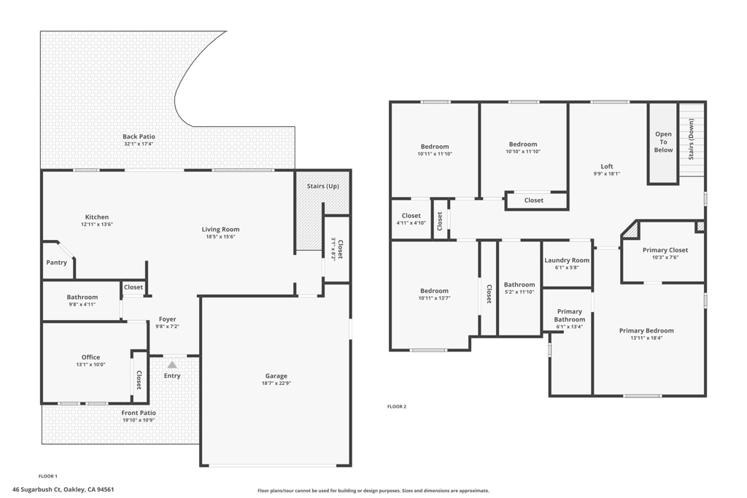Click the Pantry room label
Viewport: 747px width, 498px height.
[56, 262]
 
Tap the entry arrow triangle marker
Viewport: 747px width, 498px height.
[172, 365]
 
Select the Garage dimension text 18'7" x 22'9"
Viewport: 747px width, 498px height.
[276, 384]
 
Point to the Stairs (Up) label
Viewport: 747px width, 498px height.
[323, 186]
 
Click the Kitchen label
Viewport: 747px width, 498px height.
[97, 217]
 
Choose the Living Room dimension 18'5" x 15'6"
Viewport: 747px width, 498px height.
[220, 237]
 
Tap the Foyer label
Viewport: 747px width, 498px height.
[167, 319]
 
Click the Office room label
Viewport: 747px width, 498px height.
[90, 357]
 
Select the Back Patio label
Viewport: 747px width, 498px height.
[139, 136]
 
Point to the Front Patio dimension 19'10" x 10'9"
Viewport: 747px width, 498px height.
[139, 421]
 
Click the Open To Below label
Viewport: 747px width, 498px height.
[663, 142]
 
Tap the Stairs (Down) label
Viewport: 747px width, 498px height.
[691, 139]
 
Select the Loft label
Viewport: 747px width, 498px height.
[607, 166]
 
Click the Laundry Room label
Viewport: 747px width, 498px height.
[567, 260]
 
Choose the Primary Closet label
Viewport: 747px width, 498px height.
[665, 250]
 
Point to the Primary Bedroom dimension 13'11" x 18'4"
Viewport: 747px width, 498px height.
[646, 338]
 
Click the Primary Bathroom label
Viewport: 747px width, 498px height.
[570, 316]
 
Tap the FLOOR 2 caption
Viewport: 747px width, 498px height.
[397, 407]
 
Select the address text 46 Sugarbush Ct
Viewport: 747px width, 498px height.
[36, 489]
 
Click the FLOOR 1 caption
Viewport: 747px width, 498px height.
[47, 476]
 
